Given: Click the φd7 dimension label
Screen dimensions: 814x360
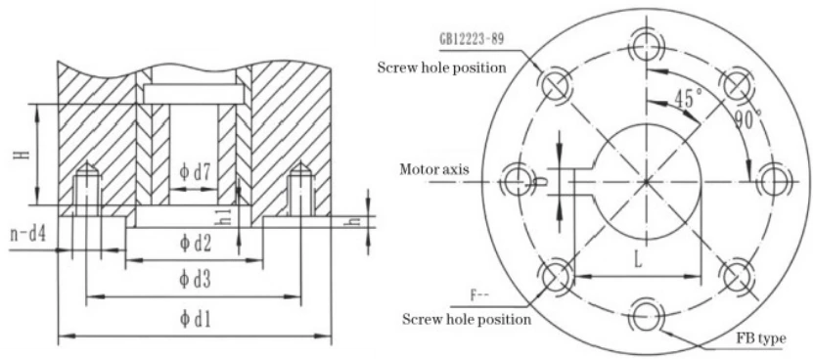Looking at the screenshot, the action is (x=195, y=173).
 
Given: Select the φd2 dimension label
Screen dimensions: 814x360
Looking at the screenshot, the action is (x=196, y=243).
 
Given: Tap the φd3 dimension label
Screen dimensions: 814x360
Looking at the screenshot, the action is (x=196, y=280).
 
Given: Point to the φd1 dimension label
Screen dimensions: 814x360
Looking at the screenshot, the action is (x=196, y=320).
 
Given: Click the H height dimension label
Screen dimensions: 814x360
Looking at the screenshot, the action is (x=23, y=154).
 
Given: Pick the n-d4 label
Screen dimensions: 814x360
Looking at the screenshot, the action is (x=28, y=235).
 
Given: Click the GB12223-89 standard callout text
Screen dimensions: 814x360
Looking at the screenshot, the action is (x=472, y=40).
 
